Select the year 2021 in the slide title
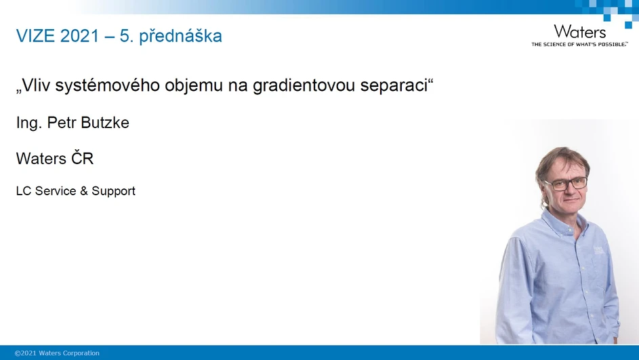point(80,36)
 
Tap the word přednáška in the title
point(180,37)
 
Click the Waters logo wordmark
point(579,31)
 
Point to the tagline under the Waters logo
point(579,44)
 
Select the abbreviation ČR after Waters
point(83,159)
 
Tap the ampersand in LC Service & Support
point(84,191)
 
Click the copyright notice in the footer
point(57,353)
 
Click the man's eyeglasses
point(565,184)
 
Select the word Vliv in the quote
point(37,87)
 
